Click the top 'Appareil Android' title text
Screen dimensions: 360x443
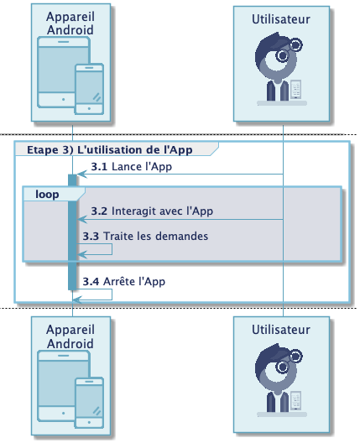[70, 23]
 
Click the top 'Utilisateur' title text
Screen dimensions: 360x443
[281, 19]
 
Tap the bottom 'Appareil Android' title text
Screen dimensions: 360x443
[70, 336]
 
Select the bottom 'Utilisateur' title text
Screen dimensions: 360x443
[281, 330]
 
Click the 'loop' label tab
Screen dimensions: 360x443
[47, 195]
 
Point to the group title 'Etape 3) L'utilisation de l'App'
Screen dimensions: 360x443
[110, 149]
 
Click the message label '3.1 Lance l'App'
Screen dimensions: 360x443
[132, 167]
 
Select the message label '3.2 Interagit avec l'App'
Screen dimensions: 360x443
[152, 211]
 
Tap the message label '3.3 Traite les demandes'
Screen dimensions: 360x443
[145, 237]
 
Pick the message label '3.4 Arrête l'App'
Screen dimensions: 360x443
[123, 281]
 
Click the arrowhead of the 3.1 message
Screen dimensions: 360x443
[81, 175]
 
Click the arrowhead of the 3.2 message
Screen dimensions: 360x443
[81, 219]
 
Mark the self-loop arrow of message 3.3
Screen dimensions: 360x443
[112, 249]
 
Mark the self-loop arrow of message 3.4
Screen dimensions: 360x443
[112, 294]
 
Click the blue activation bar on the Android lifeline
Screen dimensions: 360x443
[72, 232]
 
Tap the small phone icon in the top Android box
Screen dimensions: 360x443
[89, 89]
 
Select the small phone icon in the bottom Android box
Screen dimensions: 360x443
[89, 403]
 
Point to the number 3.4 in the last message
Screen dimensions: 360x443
[91, 281]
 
